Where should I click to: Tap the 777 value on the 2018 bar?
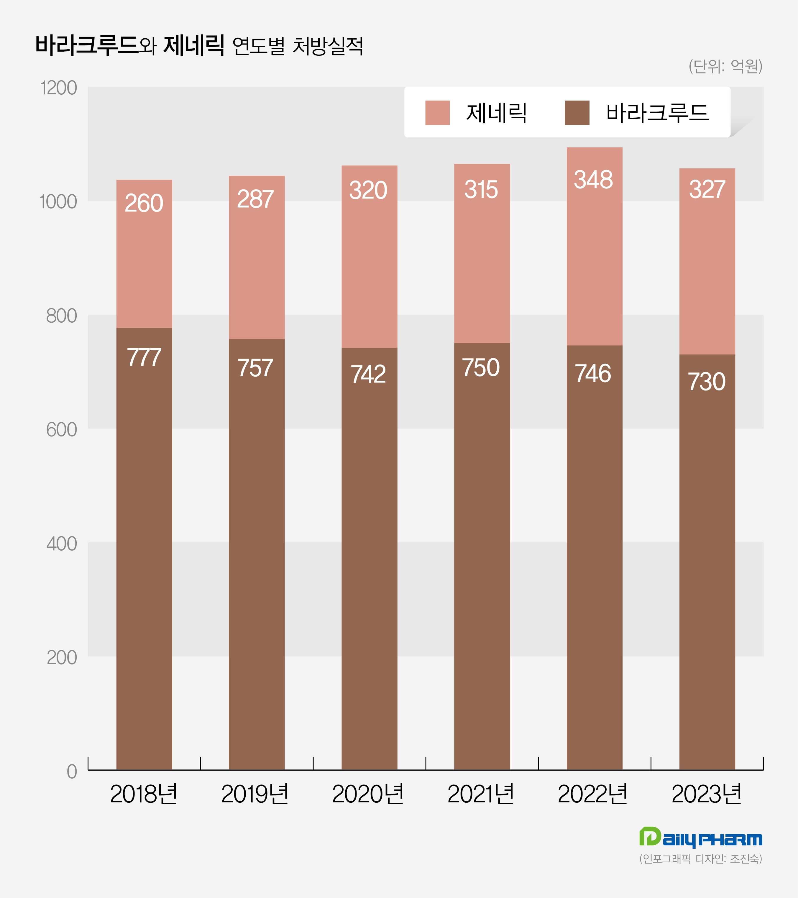point(144,357)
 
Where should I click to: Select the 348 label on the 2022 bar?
point(593,180)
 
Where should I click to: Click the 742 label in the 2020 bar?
point(368,374)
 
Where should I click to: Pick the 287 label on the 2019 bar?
point(256,199)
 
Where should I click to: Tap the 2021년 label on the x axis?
point(481,794)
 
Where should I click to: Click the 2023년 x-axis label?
point(706,794)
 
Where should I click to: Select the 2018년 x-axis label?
point(144,794)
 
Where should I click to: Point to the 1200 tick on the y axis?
point(58,88)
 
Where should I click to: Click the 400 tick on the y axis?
point(62,544)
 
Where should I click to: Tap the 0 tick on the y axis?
point(72,772)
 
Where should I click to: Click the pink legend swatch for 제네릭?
point(437,113)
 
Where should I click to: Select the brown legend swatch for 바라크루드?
point(577,113)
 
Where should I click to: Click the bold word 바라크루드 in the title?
point(87,45)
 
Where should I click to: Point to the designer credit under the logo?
point(700,858)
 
